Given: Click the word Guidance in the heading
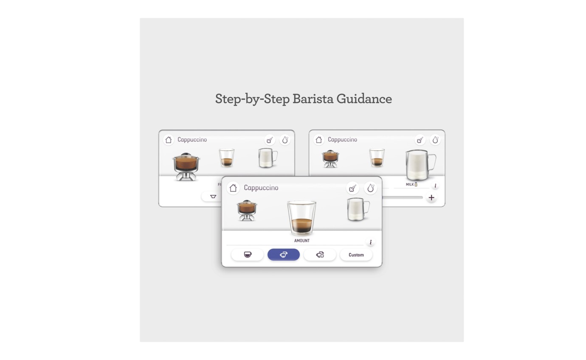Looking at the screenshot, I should tap(364, 99).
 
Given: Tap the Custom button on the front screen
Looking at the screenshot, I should tap(356, 255).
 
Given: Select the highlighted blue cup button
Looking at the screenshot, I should tap(284, 255).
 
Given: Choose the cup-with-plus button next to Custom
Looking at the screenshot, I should tap(320, 255).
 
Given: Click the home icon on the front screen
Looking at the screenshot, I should tap(233, 188).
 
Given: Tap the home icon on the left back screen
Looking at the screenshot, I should tap(169, 140).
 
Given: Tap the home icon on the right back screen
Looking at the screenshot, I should tap(319, 140).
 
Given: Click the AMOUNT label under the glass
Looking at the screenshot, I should tap(302, 241).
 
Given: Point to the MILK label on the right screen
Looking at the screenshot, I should tap(410, 185).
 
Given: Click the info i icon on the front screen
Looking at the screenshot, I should tap(370, 242).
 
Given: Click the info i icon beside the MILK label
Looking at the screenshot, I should tap(435, 186).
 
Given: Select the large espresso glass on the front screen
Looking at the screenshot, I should tap(301, 217).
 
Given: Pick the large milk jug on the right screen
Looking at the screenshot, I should tap(420, 165).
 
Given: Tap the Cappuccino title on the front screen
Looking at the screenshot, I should tap(261, 188).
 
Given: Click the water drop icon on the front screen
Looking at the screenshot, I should tap(370, 188).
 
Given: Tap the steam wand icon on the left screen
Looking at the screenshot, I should tap(270, 140).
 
